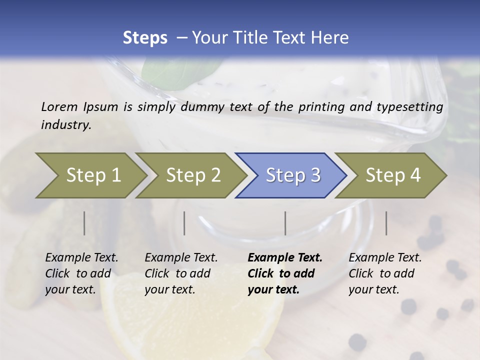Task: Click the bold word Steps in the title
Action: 145,38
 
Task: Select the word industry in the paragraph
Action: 66,125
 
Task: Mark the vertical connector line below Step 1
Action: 84,223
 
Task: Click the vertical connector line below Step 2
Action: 184,223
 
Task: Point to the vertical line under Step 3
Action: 285,223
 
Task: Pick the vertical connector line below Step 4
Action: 386,223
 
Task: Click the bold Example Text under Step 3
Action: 285,258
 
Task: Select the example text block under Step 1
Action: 81,273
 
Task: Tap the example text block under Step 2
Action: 181,273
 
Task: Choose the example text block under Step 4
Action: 385,273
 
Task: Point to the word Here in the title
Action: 330,38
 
